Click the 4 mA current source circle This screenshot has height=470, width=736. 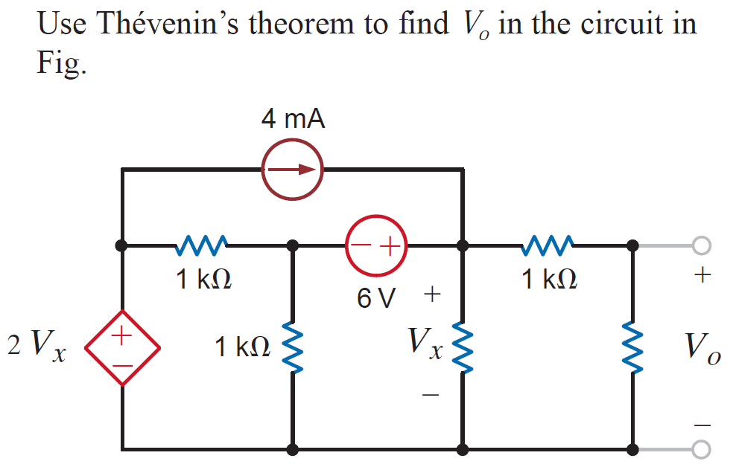click(292, 169)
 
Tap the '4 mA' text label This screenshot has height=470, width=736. click(293, 119)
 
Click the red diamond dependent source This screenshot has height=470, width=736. click(122, 347)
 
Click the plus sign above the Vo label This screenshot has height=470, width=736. click(699, 277)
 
